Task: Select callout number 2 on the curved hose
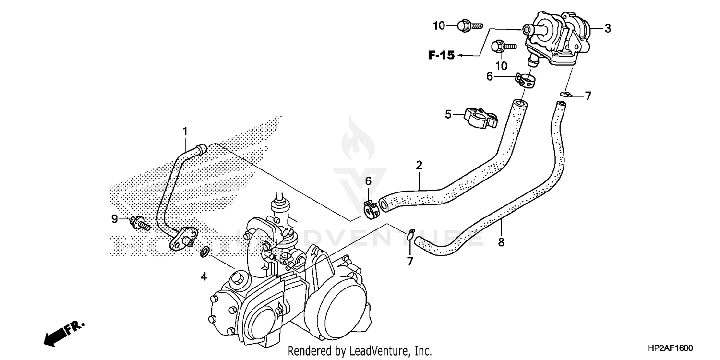419,166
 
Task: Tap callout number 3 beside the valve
608,29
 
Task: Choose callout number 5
448,114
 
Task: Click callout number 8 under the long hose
501,242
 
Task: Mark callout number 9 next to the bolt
115,219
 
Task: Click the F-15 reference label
441,56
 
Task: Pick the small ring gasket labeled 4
204,252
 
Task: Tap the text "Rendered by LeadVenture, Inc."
360,351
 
